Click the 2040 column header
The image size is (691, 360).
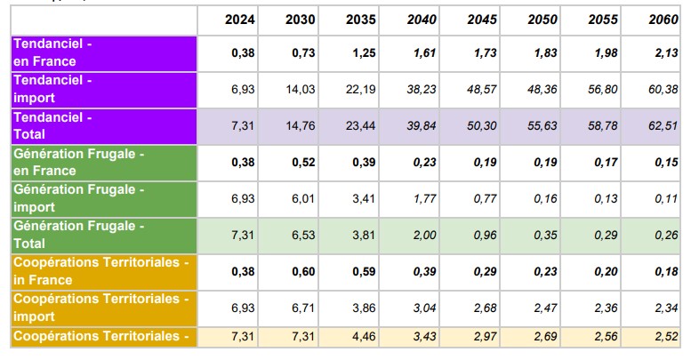pyautogui.click(x=422, y=20)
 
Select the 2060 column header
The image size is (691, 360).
pyautogui.click(x=663, y=20)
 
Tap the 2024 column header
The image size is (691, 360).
pyautogui.click(x=240, y=20)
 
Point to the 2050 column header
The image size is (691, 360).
pyautogui.click(x=542, y=20)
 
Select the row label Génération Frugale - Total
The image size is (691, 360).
pyautogui.click(x=78, y=235)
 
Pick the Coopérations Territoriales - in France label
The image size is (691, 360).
pyautogui.click(x=101, y=271)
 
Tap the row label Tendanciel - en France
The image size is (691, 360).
pyautogui.click(x=52, y=52)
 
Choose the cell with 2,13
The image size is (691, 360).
pyautogui.click(x=663, y=53)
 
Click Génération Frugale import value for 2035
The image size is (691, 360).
pyautogui.click(x=360, y=199)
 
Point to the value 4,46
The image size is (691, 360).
pyautogui.click(x=360, y=337)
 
